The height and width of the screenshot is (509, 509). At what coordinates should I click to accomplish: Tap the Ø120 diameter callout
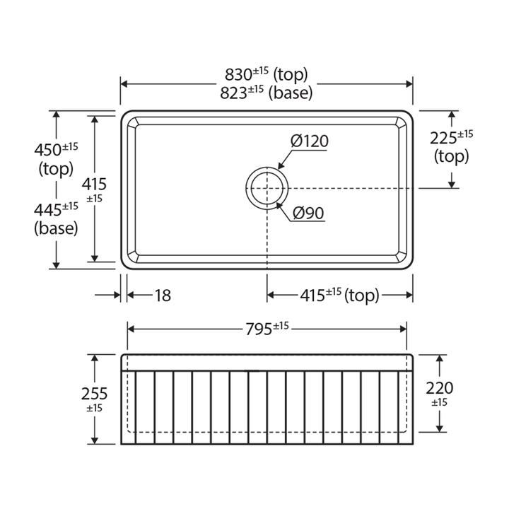click(309, 141)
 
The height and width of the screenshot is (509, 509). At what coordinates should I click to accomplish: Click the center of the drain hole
click(267, 189)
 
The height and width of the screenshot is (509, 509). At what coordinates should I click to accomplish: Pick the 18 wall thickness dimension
click(163, 296)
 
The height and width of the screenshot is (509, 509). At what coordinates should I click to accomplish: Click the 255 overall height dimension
click(95, 394)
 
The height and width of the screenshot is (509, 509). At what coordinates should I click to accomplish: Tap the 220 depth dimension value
click(439, 388)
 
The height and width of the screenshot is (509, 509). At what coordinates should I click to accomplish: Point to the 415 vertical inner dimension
click(95, 185)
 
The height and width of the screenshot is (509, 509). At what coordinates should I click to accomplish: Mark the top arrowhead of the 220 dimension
click(440, 358)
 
